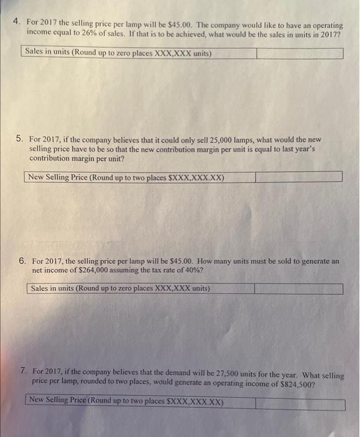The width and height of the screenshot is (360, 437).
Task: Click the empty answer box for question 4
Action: click(299, 53)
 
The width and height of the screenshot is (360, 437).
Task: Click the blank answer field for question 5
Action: click(298, 177)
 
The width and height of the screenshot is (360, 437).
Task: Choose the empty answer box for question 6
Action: click(298, 289)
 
